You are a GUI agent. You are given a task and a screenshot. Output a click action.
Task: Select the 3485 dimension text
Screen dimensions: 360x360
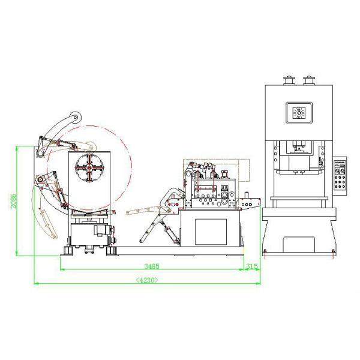pos(151,265)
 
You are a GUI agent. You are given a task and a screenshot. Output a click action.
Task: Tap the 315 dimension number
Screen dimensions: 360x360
pos(251,265)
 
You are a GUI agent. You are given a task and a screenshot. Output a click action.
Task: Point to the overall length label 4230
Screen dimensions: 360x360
pos(147,279)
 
